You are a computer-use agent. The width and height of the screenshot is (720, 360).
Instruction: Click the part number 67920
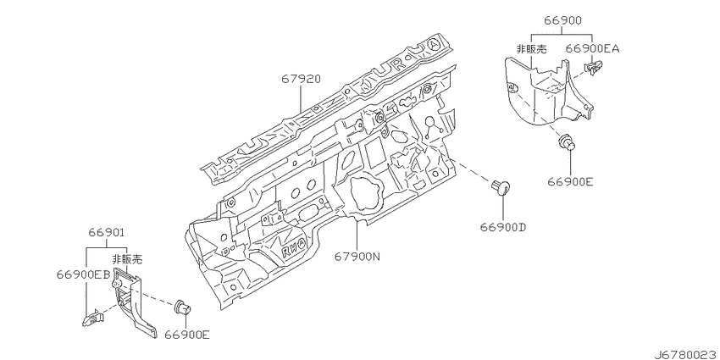(x=302, y=80)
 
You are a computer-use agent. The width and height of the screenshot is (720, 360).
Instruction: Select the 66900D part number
(x=503, y=227)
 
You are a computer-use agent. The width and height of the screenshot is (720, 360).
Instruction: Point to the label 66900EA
(x=592, y=48)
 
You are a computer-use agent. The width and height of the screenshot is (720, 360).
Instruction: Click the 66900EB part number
(x=84, y=274)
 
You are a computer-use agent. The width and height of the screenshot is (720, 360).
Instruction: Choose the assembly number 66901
(x=107, y=233)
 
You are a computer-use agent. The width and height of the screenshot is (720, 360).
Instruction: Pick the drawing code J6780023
(x=686, y=354)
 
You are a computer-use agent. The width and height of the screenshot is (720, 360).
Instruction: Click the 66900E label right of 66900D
(x=570, y=181)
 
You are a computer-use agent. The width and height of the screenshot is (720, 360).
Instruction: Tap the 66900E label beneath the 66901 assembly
(x=187, y=335)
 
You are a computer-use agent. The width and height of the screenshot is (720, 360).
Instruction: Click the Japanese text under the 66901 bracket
(x=127, y=260)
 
